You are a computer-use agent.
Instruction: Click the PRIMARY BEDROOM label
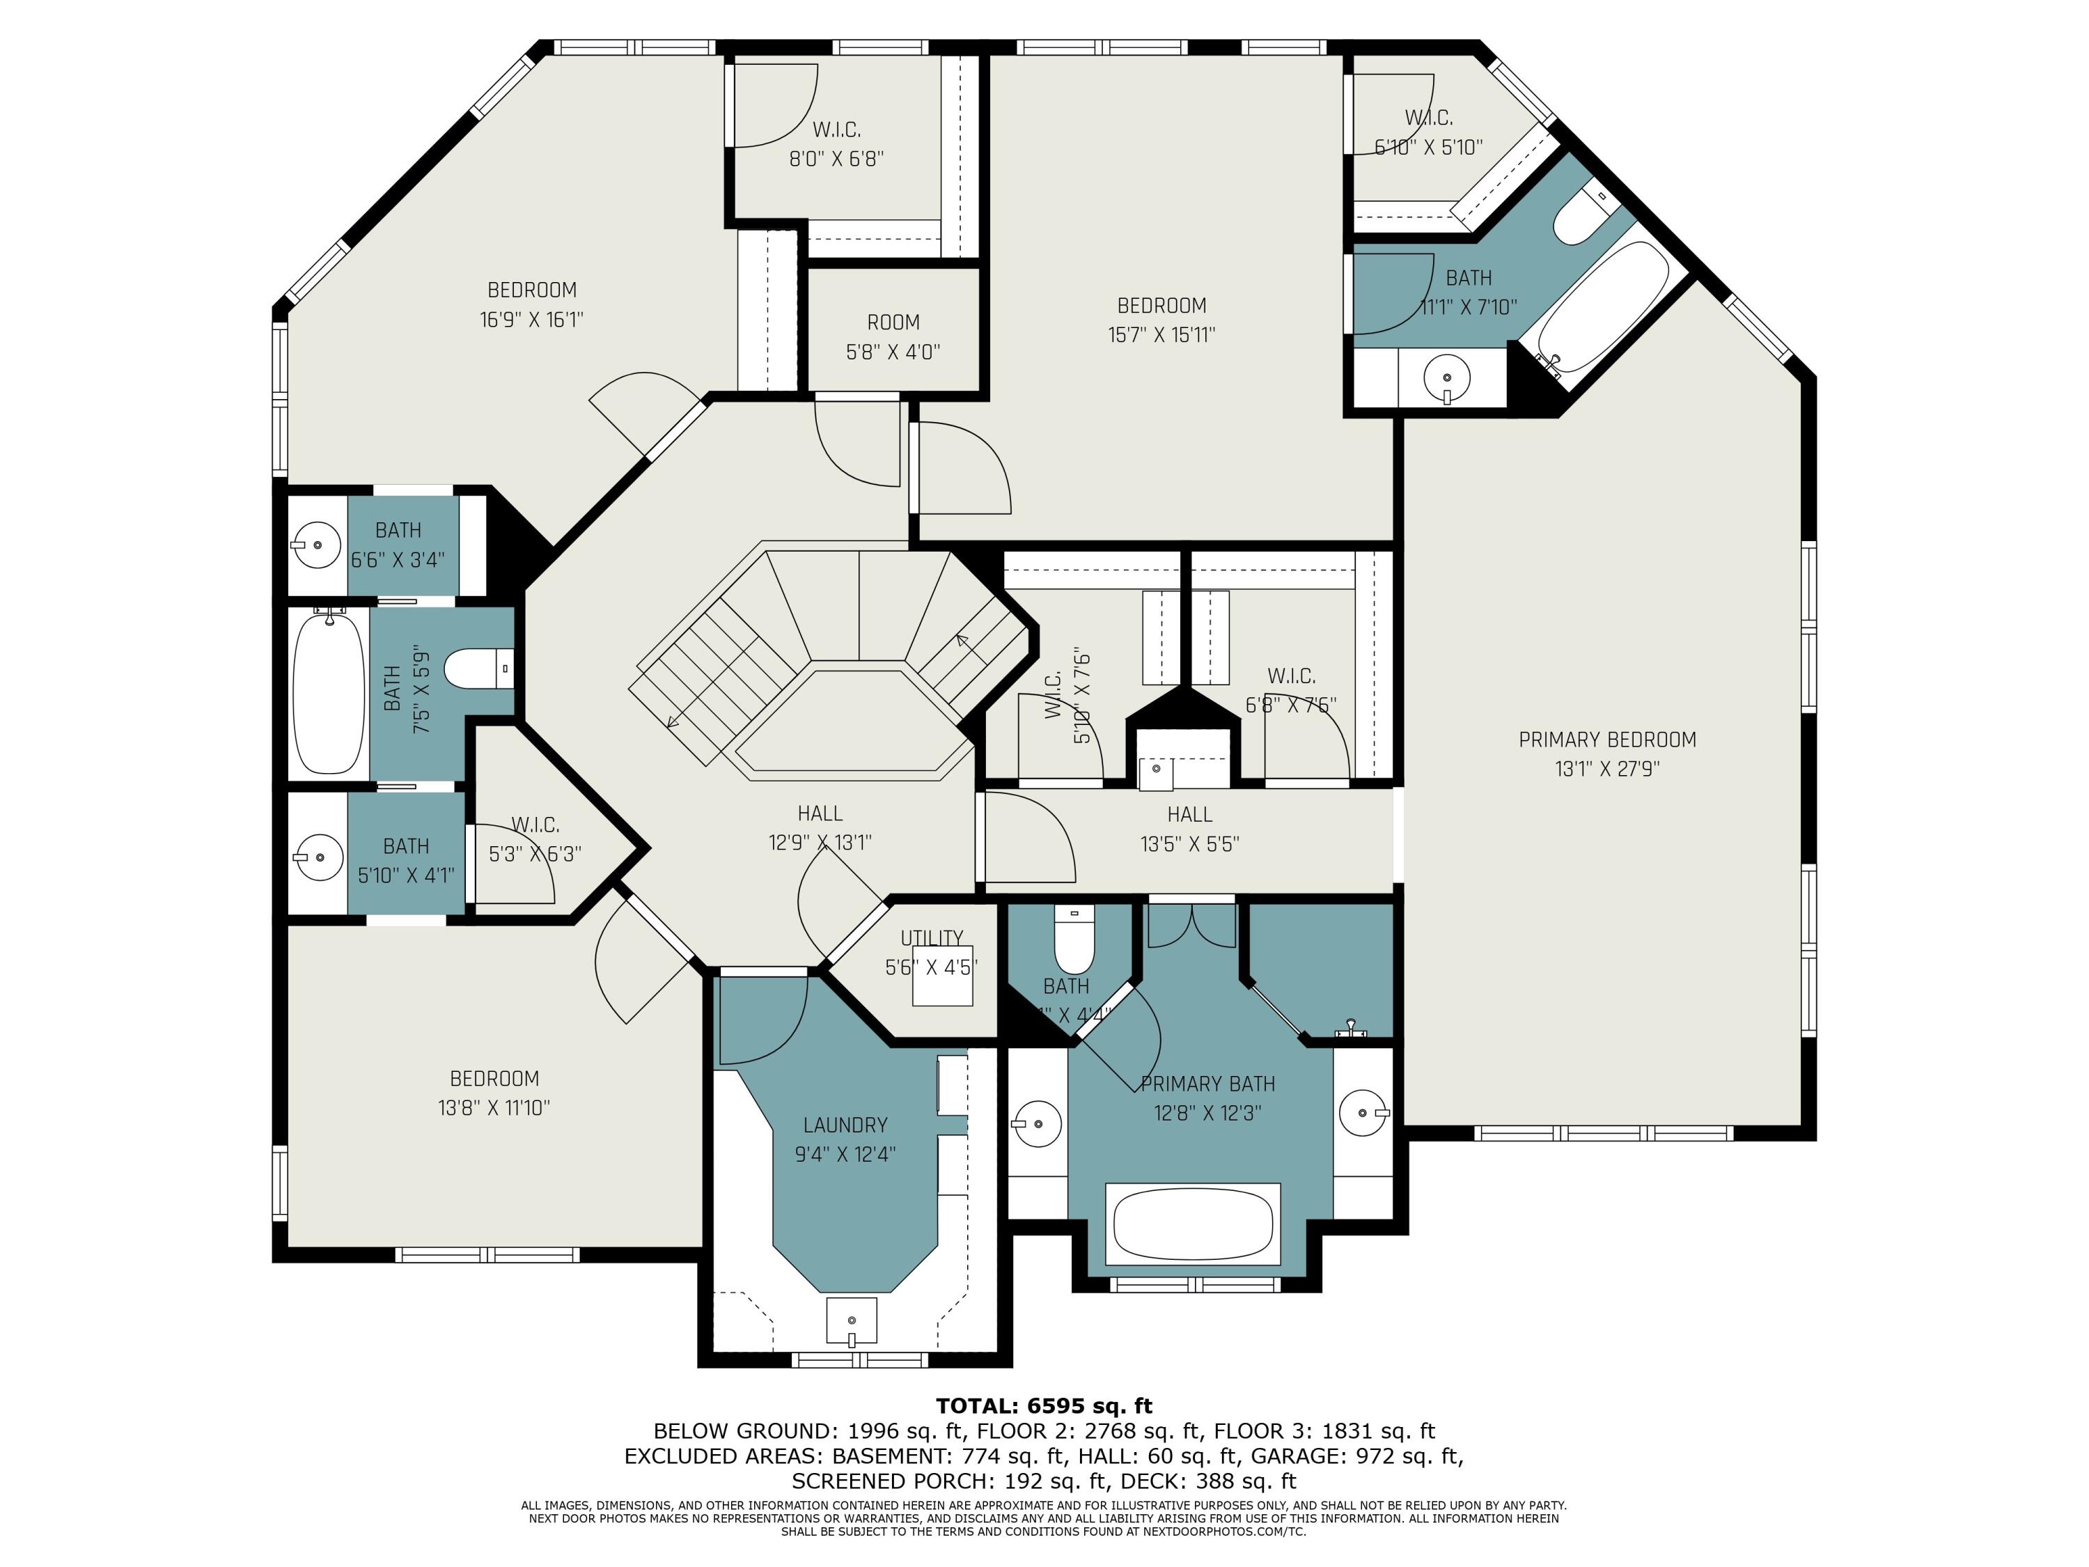(1606, 740)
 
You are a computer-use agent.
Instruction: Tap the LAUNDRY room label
(845, 1125)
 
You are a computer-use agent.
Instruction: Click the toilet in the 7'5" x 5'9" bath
(476, 669)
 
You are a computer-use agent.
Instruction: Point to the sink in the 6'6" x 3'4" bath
(315, 545)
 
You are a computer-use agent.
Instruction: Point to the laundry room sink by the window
(851, 1320)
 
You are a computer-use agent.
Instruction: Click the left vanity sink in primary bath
(1036, 1124)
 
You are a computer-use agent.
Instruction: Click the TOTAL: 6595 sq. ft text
(1044, 1405)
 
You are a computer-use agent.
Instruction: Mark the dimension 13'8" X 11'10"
(494, 1108)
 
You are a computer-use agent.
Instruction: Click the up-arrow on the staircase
(962, 641)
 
